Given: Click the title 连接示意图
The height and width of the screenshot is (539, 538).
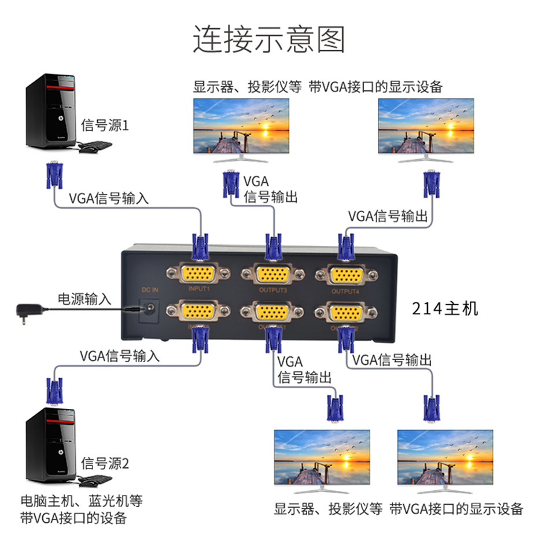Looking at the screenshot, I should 268,40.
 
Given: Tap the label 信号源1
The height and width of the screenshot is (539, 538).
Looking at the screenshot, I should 105,125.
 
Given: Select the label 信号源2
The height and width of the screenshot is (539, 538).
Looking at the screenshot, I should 105,463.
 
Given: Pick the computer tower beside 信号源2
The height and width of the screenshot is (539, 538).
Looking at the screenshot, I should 51,445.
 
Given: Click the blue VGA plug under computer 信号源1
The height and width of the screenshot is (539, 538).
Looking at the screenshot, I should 54,176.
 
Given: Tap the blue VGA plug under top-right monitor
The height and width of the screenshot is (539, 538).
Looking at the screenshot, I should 430,184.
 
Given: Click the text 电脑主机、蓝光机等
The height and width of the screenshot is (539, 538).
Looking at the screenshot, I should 81,500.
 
